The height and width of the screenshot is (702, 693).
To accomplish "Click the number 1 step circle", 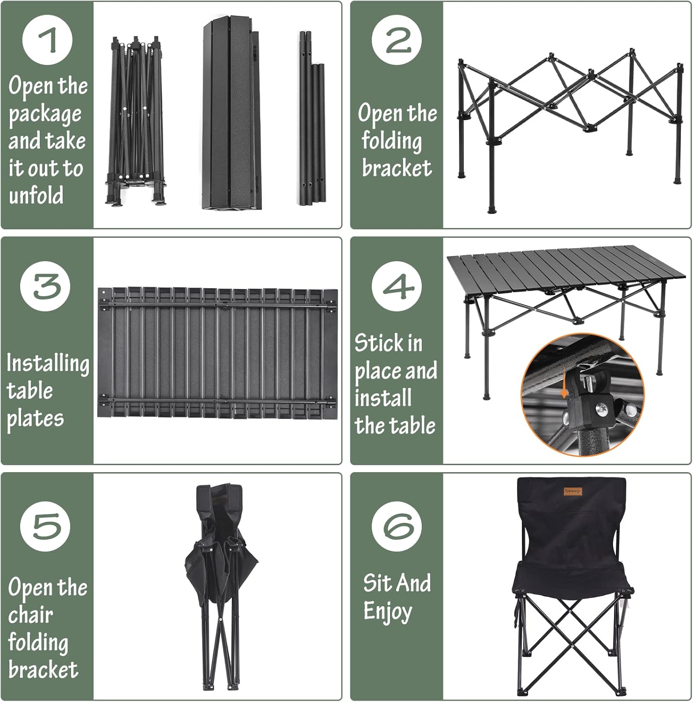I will point(47,40).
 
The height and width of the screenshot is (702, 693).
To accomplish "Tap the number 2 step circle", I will point(397,40).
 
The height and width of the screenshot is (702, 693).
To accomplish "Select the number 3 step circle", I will point(45,286).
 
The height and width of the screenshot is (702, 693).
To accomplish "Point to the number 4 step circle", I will point(397,286).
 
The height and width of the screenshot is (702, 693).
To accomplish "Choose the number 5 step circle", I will point(45,526).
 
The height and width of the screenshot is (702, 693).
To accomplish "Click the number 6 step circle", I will point(397,526).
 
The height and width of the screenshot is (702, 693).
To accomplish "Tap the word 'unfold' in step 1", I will point(36,195).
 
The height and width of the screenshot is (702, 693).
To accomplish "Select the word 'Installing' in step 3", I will point(48,363).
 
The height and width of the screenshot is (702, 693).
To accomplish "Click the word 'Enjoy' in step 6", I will point(388,612).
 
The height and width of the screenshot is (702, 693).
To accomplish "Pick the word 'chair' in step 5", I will point(30,614).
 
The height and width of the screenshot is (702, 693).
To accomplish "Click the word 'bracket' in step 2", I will point(397,168).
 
